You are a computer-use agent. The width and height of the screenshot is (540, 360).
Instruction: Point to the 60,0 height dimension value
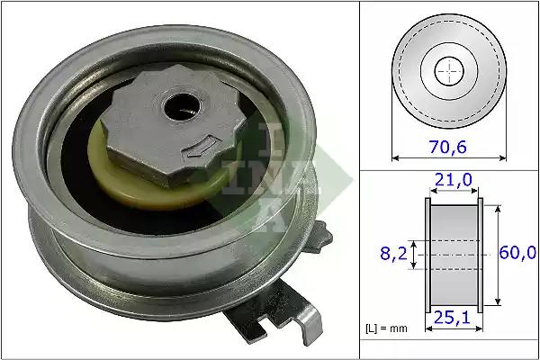click(x=517, y=256)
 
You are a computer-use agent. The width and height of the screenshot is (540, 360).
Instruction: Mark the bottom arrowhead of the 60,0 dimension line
click(x=498, y=307)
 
